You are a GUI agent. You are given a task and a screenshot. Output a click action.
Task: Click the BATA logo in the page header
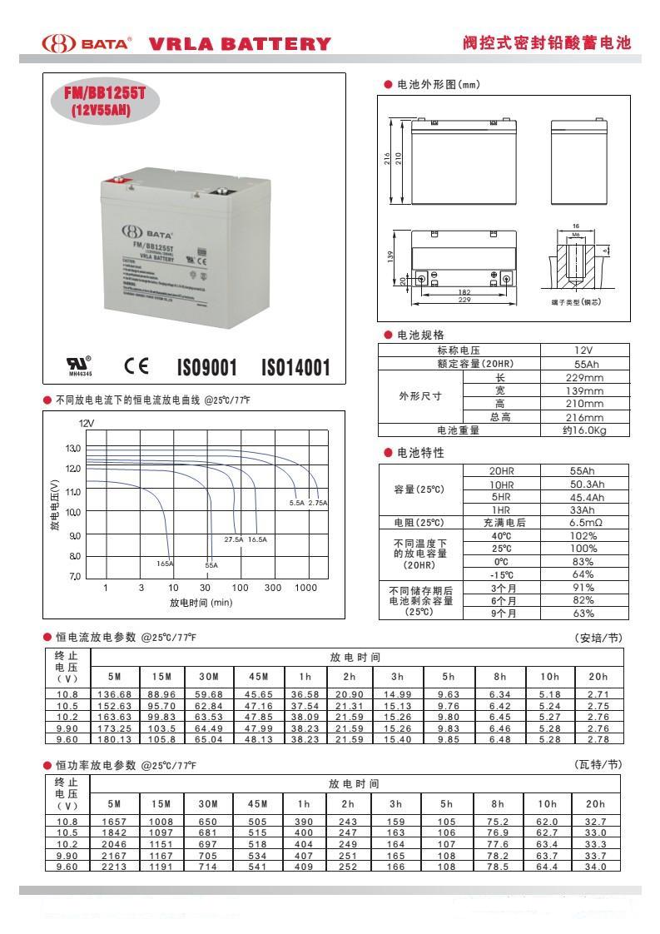87,43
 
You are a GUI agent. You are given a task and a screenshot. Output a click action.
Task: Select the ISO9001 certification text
207,368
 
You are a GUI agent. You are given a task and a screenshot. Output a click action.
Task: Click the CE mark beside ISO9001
136,367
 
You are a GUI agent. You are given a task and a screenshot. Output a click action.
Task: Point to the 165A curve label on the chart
165,564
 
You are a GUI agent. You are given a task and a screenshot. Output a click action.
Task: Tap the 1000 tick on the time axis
306,588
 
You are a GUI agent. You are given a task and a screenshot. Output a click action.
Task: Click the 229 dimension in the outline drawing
464,300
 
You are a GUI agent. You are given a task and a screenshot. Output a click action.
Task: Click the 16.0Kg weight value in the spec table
584,430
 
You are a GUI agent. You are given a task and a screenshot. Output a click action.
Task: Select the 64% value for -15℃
584,574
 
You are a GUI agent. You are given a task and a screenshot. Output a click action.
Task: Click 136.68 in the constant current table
115,693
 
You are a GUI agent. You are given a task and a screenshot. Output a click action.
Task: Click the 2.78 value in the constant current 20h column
597,738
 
